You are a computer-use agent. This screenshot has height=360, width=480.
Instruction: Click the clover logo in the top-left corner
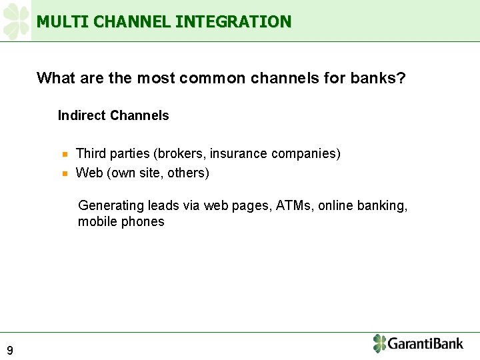(16, 21)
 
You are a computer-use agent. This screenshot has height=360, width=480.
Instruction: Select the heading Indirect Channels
(113, 115)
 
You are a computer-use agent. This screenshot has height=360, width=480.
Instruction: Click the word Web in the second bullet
(89, 173)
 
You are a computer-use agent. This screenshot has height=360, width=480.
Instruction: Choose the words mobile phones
(121, 222)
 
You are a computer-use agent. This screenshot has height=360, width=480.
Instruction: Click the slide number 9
(10, 350)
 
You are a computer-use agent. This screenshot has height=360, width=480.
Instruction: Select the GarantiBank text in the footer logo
(425, 344)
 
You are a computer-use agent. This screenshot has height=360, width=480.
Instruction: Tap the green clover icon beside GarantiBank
(379, 343)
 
